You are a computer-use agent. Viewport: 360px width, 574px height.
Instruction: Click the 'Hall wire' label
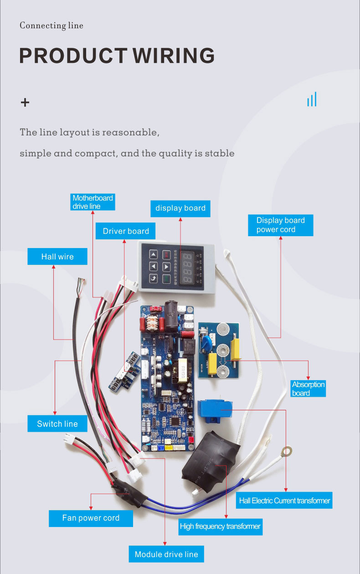57,257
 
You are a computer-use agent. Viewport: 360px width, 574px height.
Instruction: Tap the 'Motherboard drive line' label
93,202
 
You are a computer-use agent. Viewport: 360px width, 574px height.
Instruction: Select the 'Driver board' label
125,231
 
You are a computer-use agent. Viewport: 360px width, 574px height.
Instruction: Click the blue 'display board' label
180,208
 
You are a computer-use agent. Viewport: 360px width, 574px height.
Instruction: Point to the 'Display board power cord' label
280,225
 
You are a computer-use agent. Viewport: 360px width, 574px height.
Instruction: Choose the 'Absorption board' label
308,388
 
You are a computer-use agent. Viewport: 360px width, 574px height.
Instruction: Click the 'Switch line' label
57,424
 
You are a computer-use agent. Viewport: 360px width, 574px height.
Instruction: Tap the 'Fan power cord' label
91,518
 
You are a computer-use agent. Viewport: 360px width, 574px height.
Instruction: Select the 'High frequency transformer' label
220,526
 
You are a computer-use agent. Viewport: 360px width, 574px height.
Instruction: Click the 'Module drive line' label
166,554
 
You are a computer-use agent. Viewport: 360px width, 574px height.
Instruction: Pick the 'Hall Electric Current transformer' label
284,501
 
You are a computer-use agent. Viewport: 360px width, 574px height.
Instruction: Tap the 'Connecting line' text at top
51,26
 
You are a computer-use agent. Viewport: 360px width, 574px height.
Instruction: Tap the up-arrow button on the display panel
154,255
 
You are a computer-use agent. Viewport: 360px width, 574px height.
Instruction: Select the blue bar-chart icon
312,99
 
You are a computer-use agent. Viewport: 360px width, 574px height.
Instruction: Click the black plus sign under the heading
25,102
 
